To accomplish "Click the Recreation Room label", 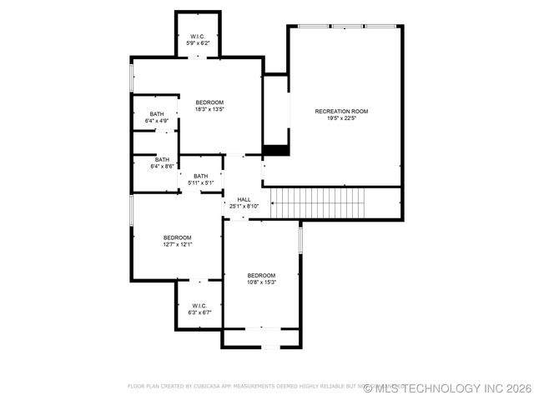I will pos(340,111).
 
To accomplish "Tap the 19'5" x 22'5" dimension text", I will pos(340,118).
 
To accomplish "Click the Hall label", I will pos(244,199).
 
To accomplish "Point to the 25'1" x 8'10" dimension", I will pos(244,207).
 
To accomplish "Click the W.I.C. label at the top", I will pos(198,36).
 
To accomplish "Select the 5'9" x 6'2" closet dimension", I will pos(198,43).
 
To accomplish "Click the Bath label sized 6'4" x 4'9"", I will pos(157,114).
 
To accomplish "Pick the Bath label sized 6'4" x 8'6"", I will pos(161,159).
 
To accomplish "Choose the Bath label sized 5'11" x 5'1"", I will pos(200,176).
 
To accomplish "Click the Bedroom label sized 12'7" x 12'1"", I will pos(177,237).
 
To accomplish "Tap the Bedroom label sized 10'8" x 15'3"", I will pos(261,275).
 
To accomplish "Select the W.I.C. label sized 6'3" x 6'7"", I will pos(199,305).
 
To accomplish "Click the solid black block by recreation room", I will pos(275,151).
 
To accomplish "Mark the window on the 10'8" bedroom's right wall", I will pos(300,238).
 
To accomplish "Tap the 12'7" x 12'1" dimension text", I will pos(177,245).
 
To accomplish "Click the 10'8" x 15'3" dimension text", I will pos(261,282).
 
